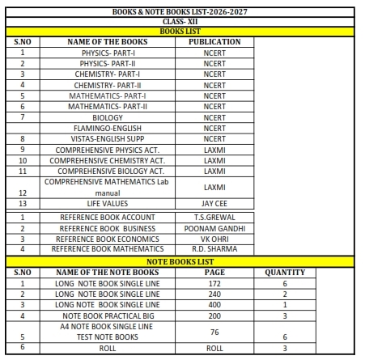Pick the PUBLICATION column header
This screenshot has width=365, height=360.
tap(214, 41)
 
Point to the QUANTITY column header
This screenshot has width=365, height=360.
tap(284, 273)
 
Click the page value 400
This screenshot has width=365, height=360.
tap(214, 304)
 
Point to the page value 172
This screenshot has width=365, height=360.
tap(214, 283)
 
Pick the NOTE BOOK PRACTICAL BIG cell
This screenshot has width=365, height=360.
tap(108, 315)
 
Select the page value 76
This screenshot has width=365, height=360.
tap(214, 331)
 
